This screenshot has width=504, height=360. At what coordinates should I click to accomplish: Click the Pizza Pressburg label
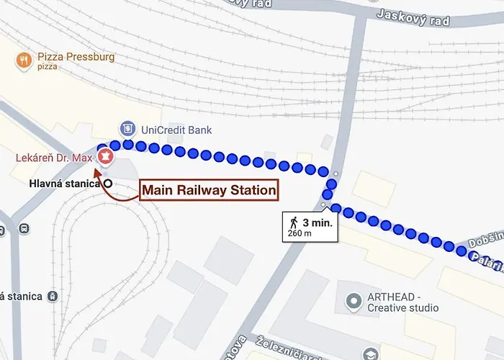coord(73,57)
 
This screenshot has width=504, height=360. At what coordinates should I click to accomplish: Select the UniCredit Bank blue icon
coord(127,128)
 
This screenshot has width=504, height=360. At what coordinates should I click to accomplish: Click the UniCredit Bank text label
coord(176,130)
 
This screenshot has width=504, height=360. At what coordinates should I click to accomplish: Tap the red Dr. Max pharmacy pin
coord(105,156)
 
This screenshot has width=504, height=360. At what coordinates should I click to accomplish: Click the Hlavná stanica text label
coord(65,184)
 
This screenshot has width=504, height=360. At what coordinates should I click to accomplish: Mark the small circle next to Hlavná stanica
coord(108,184)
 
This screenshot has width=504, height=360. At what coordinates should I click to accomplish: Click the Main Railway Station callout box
coord(209,190)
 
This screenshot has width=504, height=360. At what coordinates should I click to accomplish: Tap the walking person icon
coord(293,221)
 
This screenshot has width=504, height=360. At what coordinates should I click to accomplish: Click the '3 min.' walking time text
coord(317,222)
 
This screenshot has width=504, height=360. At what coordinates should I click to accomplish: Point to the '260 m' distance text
coord(300,233)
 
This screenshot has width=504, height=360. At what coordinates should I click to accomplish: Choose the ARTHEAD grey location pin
coord(353,299)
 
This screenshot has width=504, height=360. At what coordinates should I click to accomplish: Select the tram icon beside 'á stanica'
coord(52,296)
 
